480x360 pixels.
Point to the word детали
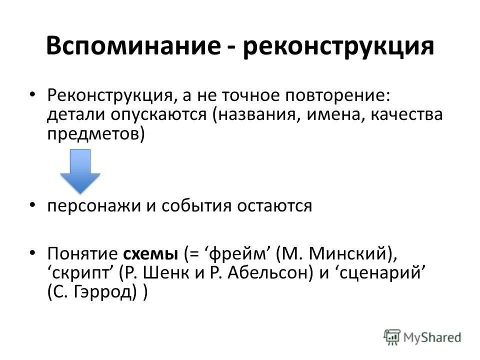[x=72, y=115]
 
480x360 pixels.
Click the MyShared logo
[x=423, y=336]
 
